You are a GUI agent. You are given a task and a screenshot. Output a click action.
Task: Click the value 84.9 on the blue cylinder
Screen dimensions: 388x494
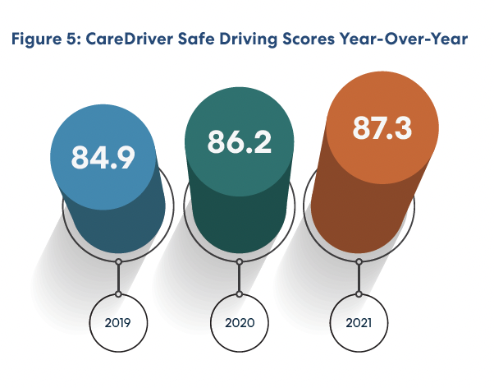click(x=102, y=156)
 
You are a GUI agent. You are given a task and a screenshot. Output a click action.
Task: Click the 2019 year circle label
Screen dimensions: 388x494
click(x=119, y=323)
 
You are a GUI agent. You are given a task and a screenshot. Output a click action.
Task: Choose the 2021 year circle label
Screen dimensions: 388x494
click(x=358, y=323)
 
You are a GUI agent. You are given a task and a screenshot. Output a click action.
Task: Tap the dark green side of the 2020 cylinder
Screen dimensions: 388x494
click(x=242, y=214)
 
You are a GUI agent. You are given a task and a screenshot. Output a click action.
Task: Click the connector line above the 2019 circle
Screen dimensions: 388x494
click(x=119, y=278)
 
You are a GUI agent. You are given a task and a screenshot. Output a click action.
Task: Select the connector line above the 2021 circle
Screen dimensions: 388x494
click(x=358, y=278)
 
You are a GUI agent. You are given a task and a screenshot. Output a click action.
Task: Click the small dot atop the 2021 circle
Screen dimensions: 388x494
click(x=358, y=293)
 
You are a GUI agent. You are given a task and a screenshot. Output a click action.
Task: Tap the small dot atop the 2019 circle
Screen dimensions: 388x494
click(x=119, y=293)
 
